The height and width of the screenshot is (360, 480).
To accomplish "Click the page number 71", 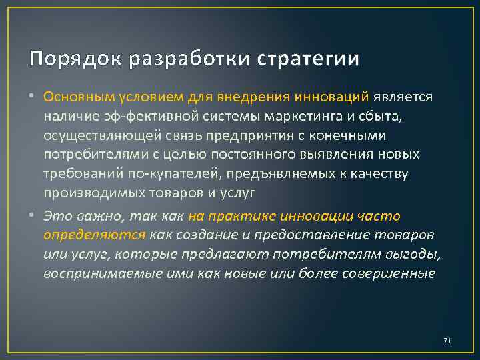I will point(447,341).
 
